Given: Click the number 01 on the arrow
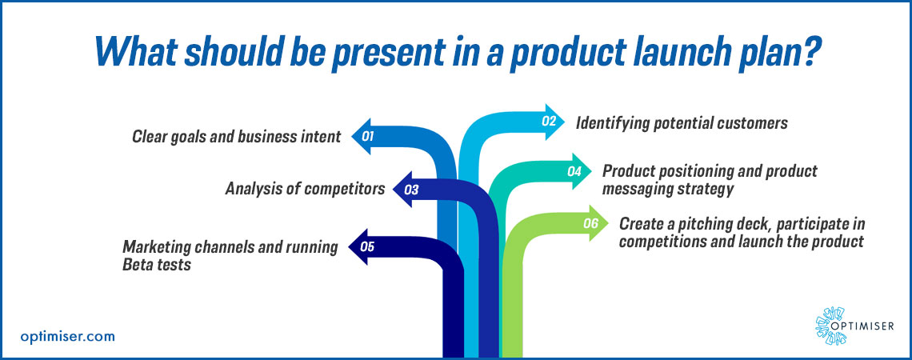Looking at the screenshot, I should [x=368, y=137].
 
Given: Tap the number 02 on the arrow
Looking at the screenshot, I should [x=549, y=122].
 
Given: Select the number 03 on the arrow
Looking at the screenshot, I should [x=411, y=190].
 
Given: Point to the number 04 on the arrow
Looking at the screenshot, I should [x=574, y=171].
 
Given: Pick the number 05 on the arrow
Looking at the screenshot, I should [x=368, y=246].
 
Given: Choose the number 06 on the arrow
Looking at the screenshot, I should [x=591, y=224].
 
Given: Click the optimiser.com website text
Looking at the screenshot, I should [x=67, y=336].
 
